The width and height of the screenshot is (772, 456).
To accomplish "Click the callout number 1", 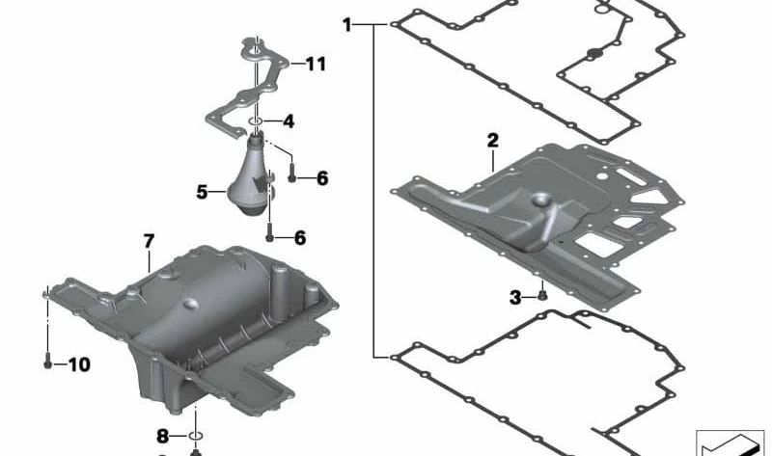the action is pyautogui.click(x=347, y=25).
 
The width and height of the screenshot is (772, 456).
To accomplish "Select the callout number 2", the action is pyautogui.click(x=492, y=141).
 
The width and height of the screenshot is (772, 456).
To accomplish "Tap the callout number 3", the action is pyautogui.click(x=515, y=297).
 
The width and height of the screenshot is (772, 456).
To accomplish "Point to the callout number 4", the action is pyautogui.click(x=289, y=121).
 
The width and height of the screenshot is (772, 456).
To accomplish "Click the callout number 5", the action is pyautogui.click(x=202, y=192).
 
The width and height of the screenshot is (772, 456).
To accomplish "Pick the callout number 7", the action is pyautogui.click(x=149, y=241).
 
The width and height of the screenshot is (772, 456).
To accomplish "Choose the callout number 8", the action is pyautogui.click(x=163, y=436).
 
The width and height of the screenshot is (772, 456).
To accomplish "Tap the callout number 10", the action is pyautogui.click(x=79, y=364).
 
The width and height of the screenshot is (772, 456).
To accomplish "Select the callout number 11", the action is pyautogui.click(x=316, y=64).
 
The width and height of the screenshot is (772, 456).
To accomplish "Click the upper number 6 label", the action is pyautogui.click(x=322, y=178).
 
